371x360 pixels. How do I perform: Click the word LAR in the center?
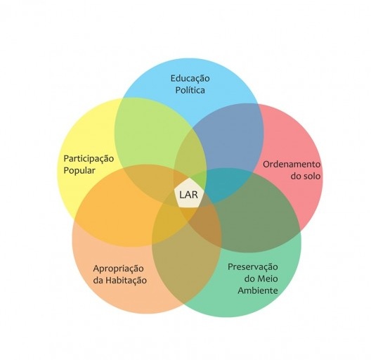tap(188, 195)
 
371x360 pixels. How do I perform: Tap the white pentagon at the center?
tap(189, 194)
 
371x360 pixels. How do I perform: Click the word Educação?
tap(190, 78)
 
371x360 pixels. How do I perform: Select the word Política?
tap(190, 90)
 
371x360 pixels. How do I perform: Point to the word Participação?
tap(89, 159)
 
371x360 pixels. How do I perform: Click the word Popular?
tap(79, 171)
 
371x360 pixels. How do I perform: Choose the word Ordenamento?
tap(292, 164)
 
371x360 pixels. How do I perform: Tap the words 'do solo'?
tap(306, 176)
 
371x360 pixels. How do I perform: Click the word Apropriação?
tap(118, 269)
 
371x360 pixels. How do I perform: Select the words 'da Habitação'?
tap(119, 281)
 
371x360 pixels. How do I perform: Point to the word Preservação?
tap(253, 267)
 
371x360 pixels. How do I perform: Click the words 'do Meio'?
tap(261, 278)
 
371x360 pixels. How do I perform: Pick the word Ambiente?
tap(258, 290)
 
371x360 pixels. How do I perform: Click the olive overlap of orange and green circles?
tap(185, 268)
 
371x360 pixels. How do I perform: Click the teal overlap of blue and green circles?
tap(227, 185)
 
